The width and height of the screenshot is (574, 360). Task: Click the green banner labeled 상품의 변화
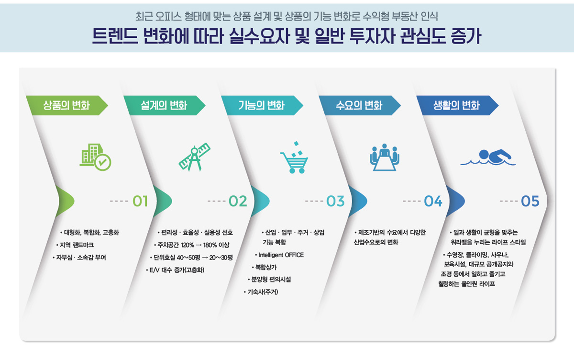point(66,105)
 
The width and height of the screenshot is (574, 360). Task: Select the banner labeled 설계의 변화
point(164,105)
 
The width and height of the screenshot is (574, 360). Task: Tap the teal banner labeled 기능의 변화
point(262,105)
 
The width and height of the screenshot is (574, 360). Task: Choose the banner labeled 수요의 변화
point(360,105)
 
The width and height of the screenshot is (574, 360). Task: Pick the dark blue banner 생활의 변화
point(457,105)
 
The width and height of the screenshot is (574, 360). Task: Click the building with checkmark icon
point(95,157)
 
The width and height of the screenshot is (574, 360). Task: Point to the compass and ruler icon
point(195,157)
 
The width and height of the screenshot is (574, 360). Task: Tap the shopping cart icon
point(294,157)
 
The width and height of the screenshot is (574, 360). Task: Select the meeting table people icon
point(385,157)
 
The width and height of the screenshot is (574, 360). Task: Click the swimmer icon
point(488,157)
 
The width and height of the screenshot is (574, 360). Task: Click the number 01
point(140,201)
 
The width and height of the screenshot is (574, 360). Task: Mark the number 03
point(335,201)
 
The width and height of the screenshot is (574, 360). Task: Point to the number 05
point(530,201)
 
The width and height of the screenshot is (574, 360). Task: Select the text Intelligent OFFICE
point(279,255)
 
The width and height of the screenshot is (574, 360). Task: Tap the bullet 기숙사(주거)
point(261,292)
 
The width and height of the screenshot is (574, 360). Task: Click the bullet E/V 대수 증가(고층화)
point(175,270)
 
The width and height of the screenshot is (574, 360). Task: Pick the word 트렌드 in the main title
point(115,36)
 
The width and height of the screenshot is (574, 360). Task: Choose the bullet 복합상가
point(264,267)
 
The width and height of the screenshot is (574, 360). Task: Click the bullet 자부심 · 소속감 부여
point(79,258)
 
